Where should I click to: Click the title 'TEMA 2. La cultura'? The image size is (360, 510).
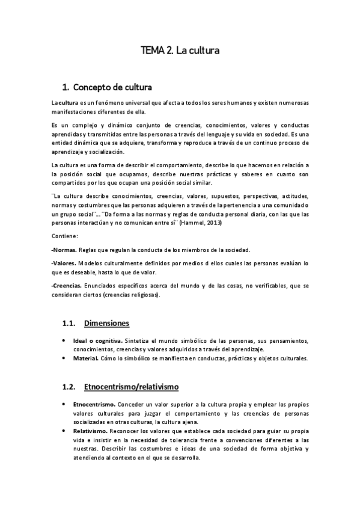(x=180, y=52)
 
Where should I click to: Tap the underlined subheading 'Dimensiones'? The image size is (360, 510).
(x=106, y=324)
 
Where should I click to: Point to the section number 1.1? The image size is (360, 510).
(x=69, y=324)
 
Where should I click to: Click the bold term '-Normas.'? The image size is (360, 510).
(x=64, y=250)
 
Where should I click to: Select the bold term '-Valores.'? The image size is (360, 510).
(x=64, y=263)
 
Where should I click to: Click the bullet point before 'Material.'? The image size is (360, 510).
(x=64, y=358)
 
